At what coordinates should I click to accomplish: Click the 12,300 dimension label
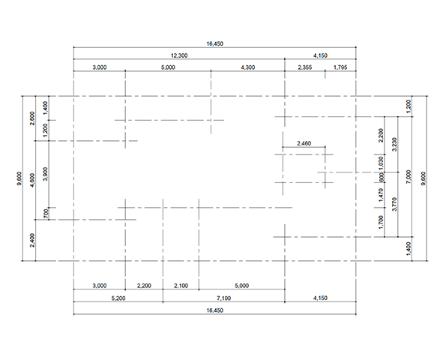tap(179, 55)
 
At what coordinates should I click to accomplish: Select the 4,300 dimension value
tap(248, 67)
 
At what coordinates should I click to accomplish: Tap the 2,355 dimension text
tap(305, 67)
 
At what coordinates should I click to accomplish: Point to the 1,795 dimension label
tap(340, 67)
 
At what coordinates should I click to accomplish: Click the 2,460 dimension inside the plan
tap(304, 143)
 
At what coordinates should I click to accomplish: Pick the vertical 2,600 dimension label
tap(32, 118)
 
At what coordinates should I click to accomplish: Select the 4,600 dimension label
tap(32, 180)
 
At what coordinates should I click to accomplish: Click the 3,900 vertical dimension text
tap(46, 174)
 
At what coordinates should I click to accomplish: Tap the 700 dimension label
tap(46, 214)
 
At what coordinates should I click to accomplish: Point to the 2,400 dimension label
tap(32, 240)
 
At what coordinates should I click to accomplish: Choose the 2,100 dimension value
tap(181, 286)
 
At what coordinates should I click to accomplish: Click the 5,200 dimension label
tap(118, 298)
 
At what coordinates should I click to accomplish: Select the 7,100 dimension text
tap(223, 298)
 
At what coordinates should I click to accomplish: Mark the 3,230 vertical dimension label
tap(394, 144)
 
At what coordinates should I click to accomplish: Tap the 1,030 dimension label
tap(381, 163)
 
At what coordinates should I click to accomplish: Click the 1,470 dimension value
tap(381, 195)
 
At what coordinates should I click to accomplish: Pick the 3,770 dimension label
tap(394, 205)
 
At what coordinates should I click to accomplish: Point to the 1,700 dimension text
tap(381, 222)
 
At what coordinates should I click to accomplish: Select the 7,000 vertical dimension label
tap(409, 177)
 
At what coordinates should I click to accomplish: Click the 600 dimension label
tap(382, 177)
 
